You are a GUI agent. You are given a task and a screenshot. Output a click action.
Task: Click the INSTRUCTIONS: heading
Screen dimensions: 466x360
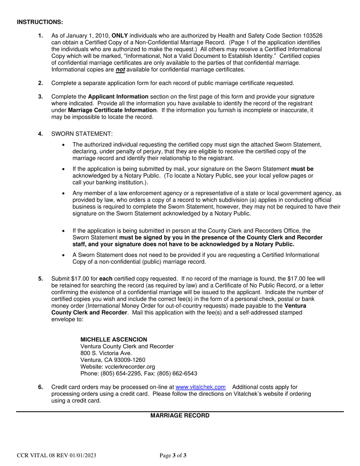[x=40, y=22]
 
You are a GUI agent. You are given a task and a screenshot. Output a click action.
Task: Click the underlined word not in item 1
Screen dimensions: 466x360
[x=120, y=70]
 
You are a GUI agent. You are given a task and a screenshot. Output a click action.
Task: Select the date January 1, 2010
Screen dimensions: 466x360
[x=88, y=36]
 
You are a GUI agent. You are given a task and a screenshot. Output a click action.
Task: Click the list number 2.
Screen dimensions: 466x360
[x=41, y=83]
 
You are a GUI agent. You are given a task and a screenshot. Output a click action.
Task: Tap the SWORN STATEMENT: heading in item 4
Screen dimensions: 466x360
[x=82, y=134]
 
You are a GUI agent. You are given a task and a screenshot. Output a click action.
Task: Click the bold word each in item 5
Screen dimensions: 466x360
[x=106, y=279]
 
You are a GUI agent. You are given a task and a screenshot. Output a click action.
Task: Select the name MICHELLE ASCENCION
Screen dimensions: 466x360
[x=114, y=339]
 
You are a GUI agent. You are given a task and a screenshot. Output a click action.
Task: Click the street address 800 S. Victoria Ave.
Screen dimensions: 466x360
[x=106, y=353]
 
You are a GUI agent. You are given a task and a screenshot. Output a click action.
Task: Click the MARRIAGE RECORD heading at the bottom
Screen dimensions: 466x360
[x=180, y=416]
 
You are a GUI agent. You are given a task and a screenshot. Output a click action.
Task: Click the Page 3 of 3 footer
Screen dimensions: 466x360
[x=173, y=456]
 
